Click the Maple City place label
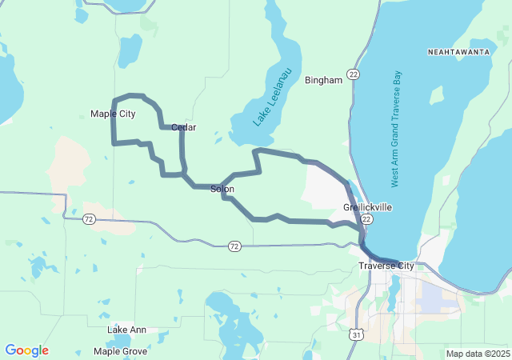pos(113,114)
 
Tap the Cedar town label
pos(184,127)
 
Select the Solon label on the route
pos(222,190)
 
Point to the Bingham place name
pos(324,80)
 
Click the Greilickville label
pos(367,206)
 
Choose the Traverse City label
pos(386,266)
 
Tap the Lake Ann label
pos(127,330)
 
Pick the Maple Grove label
pos(120,351)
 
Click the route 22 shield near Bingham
pos(353,74)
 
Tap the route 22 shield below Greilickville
pos(366,218)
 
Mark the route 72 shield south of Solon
pos(233,246)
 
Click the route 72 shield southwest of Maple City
pos(90,218)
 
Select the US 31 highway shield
pos(354,334)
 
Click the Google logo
pos(26,350)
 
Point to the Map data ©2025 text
pos(477,354)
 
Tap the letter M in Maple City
pos(94,114)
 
